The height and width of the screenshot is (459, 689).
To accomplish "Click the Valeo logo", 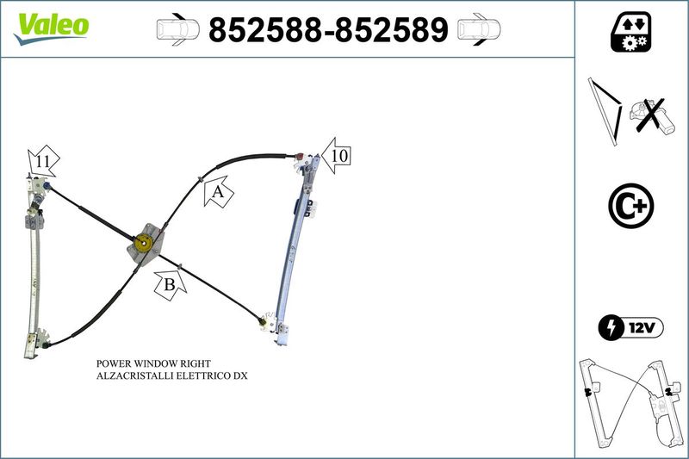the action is tap(52, 28).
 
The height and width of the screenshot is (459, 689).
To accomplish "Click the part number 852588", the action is tap(265, 30).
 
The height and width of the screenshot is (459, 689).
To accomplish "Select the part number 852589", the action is tap(391, 30).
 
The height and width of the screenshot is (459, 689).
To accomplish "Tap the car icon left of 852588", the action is tap(178, 29).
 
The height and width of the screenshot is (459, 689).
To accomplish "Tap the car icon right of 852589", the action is tap(479, 29).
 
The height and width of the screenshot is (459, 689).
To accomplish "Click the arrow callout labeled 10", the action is tap(336, 156).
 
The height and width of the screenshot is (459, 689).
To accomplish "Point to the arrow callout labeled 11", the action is tap(43, 161).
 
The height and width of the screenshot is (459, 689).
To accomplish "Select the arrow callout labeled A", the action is tap(219, 191).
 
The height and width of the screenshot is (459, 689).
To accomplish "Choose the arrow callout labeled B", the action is tap(170, 286).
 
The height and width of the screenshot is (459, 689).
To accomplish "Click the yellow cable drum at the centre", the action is tap(143, 243).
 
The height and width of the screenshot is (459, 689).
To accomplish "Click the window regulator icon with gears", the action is tap(631, 32).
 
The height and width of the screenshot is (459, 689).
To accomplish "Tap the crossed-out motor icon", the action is tap(650, 116).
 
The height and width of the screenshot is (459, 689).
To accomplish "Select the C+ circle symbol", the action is tap(631, 206).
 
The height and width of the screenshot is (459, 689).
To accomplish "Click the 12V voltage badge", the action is tap(631, 327).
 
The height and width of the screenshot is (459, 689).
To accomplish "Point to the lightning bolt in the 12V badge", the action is tap(611, 327).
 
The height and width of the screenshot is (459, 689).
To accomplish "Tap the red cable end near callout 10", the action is tap(301, 156).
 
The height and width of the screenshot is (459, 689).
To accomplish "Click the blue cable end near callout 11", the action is tap(47, 186).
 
